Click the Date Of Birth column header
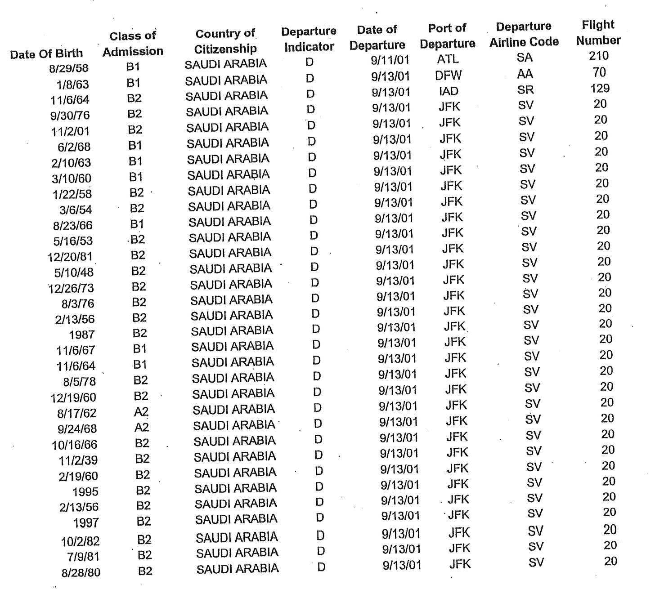46,54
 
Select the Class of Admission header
133,44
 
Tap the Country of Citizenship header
225,41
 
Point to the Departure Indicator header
309,39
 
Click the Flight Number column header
598,32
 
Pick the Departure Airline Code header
524,34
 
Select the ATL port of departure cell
448,59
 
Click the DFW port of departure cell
449,75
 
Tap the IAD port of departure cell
449,91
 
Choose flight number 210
598,56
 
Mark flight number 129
600,88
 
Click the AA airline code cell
525,74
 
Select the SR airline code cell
525,89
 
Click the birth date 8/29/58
69,68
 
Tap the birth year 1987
81,335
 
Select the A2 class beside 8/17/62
141,412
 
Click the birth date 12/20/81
70,257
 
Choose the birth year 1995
85,492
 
